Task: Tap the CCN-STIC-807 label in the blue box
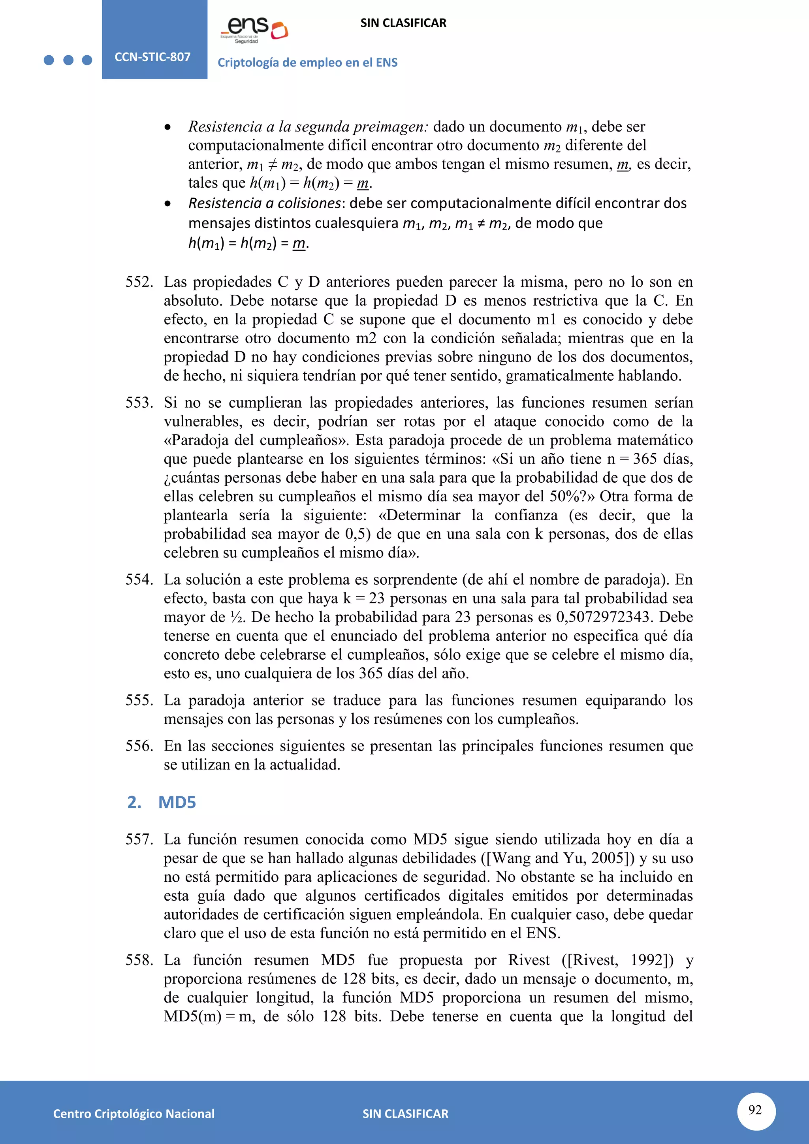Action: tap(152, 57)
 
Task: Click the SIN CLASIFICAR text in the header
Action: tap(403, 23)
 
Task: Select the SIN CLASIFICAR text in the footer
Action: tap(405, 1114)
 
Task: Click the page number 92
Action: tap(755, 1110)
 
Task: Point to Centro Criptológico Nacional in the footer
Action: tap(134, 1114)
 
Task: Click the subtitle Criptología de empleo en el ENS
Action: tap(307, 63)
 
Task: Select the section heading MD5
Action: tap(177, 802)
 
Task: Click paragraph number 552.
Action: tap(139, 282)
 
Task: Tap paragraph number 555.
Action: tap(139, 700)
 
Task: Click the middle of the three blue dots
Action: tap(68, 60)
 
